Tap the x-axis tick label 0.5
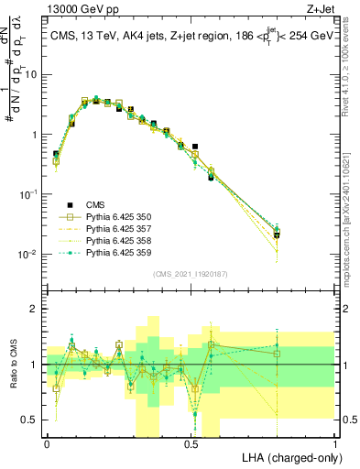[191, 443]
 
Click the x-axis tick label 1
[335, 443]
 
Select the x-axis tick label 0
[47, 443]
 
